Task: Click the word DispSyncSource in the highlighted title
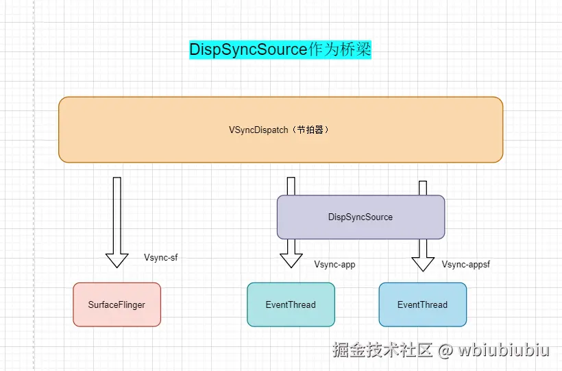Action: tap(247, 49)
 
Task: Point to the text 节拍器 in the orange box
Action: tap(311, 130)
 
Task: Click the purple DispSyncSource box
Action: tap(361, 217)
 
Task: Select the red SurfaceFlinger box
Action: tap(117, 304)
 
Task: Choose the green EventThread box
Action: tap(291, 304)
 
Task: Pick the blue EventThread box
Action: tap(422, 304)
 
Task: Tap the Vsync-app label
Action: tap(334, 264)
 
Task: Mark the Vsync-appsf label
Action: tap(465, 264)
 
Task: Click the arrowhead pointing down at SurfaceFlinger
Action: tap(117, 260)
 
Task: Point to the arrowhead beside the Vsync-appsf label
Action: tap(423, 263)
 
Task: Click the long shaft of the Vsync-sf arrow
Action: tap(117, 213)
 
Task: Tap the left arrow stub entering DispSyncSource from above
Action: tap(291, 186)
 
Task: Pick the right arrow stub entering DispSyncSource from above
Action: tap(423, 188)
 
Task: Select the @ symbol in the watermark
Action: tap(445, 350)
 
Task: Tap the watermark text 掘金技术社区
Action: tap(382, 350)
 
